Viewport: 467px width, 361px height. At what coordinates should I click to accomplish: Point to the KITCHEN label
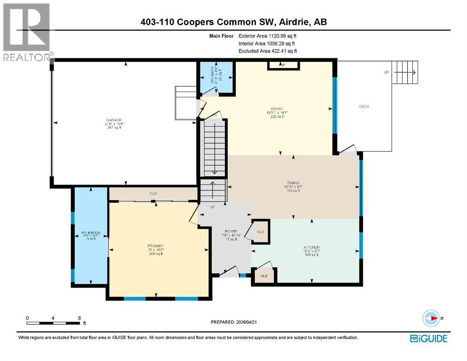pos(311,247)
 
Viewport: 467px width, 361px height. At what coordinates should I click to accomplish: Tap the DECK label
pos(364,106)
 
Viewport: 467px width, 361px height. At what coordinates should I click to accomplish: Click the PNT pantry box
pos(264,276)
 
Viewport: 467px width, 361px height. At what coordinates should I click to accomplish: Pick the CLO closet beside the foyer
pos(261,232)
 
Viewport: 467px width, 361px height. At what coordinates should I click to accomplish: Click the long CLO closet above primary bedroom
pos(153,194)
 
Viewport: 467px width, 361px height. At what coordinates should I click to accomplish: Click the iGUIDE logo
pos(428,338)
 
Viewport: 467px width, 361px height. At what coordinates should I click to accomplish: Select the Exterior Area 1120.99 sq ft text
pos(268,36)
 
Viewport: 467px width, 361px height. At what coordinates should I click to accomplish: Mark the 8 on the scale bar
pos(79,318)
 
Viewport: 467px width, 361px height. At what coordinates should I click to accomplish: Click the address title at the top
pos(234,22)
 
